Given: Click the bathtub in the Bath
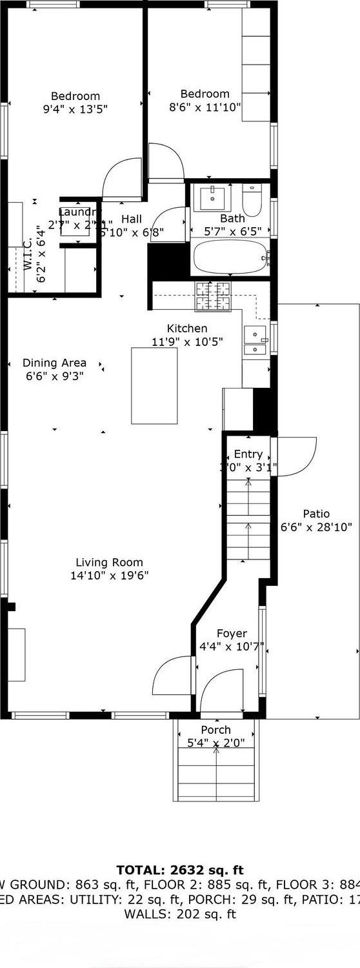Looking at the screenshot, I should tap(230, 258).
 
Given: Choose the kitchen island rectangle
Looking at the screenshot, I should tap(154, 385).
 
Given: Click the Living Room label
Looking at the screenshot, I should tap(109, 562).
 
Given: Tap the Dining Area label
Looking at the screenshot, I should tap(54, 363).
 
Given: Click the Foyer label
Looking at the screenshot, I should tap(231, 634).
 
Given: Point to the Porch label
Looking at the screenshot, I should tap(215, 730).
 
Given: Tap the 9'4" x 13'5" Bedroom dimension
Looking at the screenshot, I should tap(75, 109).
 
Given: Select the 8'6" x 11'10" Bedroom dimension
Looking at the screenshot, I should tap(205, 106).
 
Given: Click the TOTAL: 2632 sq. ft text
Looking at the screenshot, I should tap(180, 870).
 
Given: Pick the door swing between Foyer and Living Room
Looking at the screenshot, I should tap(173, 675).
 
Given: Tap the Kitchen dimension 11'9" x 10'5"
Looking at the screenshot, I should tap(187, 342).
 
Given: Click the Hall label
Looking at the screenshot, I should tap(132, 219).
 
